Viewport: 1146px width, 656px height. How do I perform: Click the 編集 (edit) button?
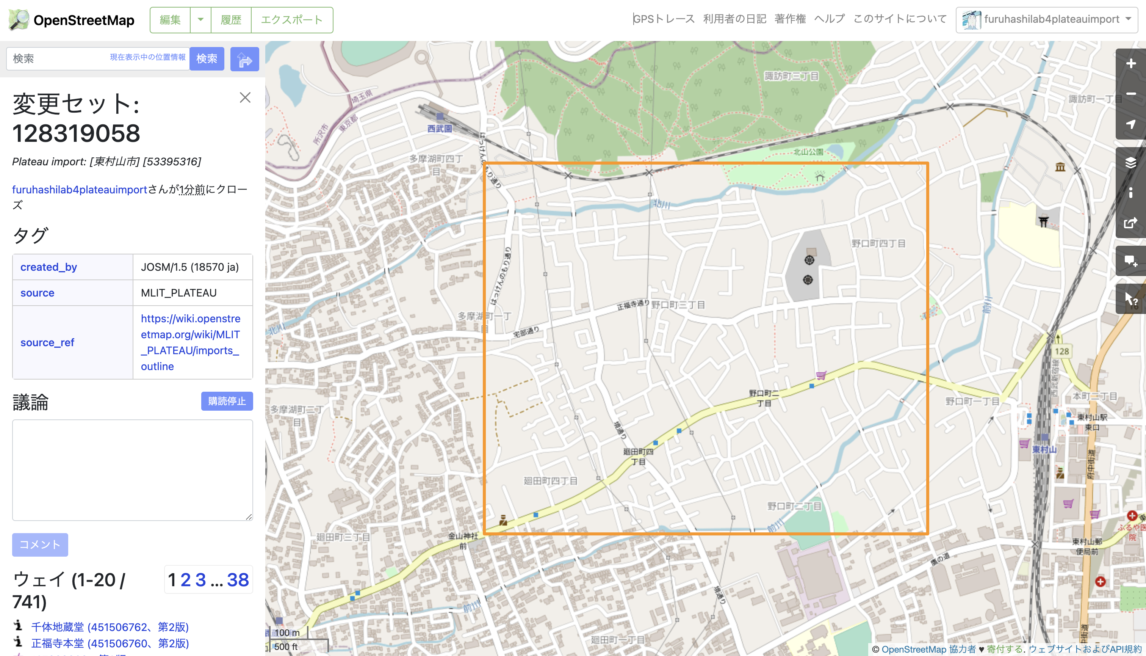[x=170, y=20]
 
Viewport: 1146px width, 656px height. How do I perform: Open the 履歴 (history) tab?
[x=230, y=20]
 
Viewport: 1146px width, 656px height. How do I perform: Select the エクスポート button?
[x=292, y=20]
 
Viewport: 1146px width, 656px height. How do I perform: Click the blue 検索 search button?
[x=207, y=58]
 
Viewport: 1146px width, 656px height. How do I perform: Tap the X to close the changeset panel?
[x=245, y=97]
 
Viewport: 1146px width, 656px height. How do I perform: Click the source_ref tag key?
[x=47, y=342]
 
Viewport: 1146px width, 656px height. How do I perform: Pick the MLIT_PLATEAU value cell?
[x=179, y=293]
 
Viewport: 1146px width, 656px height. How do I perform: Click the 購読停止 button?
[x=227, y=401]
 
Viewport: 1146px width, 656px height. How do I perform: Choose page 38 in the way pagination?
[x=238, y=580]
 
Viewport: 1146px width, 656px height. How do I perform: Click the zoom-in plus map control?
[x=1130, y=64]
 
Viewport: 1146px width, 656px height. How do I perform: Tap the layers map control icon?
[x=1130, y=163]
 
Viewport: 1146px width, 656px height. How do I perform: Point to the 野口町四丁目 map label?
[x=878, y=244]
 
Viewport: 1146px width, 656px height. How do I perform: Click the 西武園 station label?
[x=440, y=129]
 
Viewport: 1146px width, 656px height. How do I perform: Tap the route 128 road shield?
[x=1061, y=351]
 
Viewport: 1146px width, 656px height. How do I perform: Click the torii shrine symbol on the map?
[x=1043, y=221]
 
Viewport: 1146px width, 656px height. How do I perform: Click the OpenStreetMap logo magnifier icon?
[x=19, y=20]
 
